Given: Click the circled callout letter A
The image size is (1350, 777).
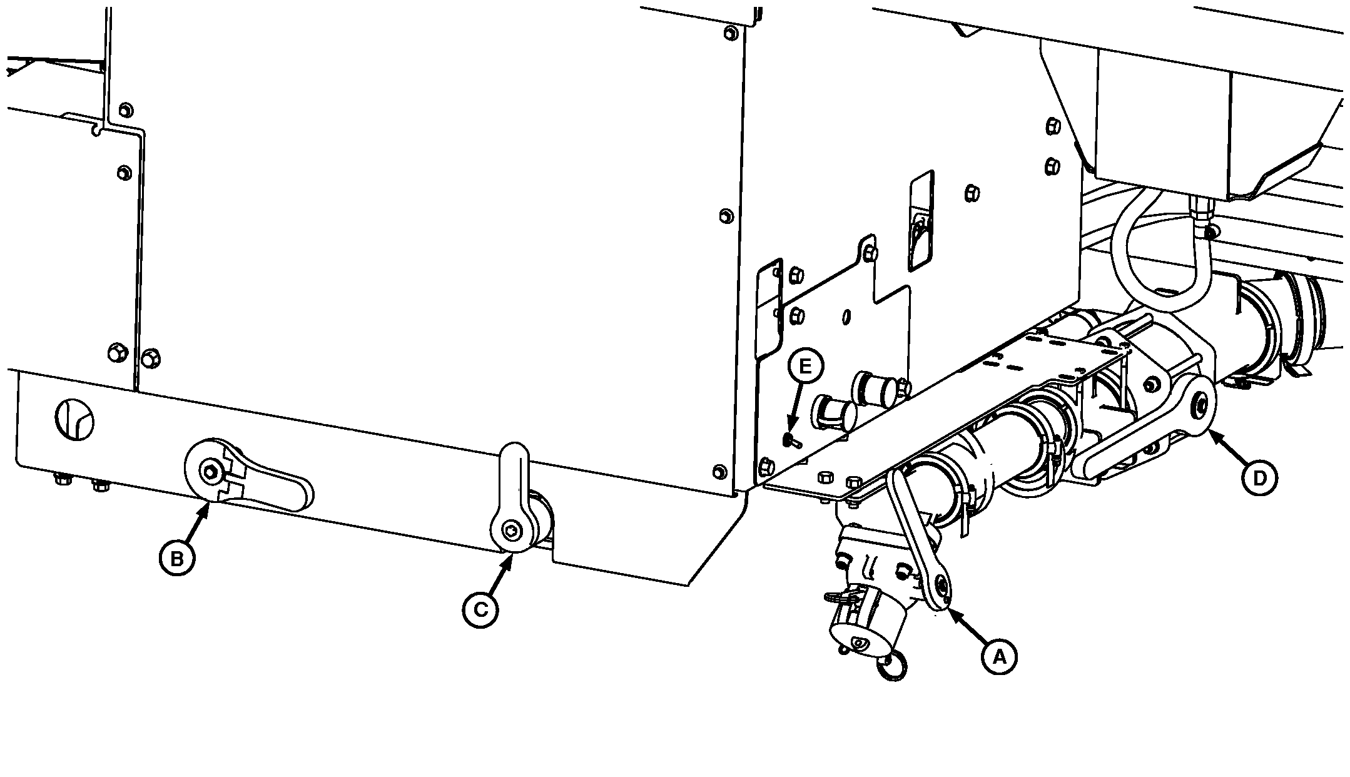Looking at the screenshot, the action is tap(999, 656).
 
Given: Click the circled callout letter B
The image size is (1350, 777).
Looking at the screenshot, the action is tap(177, 557).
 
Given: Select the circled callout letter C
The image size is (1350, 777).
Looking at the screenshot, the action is tap(480, 608).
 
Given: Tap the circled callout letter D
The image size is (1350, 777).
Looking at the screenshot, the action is tap(1259, 478).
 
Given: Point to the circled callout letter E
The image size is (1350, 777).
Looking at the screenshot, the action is tap(805, 366).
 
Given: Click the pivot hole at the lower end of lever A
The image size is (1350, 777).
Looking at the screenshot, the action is tap(941, 586).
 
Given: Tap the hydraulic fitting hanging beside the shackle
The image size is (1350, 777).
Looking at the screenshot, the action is tap(1199, 219).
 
